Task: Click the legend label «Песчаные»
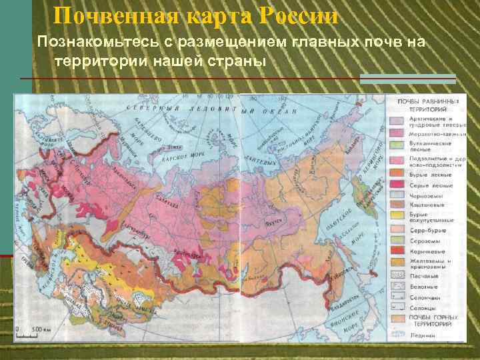coord(424,275)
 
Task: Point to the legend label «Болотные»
coord(424,286)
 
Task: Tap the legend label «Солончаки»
coord(425,297)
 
